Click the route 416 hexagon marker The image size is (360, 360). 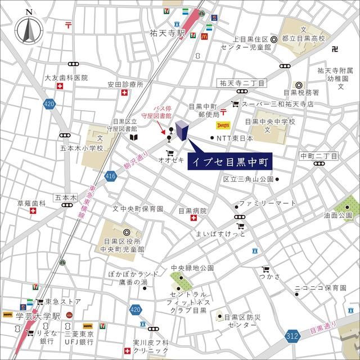click(110, 177)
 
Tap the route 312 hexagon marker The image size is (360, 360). click(291, 335)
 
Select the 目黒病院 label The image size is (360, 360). click(192, 211)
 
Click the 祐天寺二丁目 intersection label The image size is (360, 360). click(242, 83)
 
